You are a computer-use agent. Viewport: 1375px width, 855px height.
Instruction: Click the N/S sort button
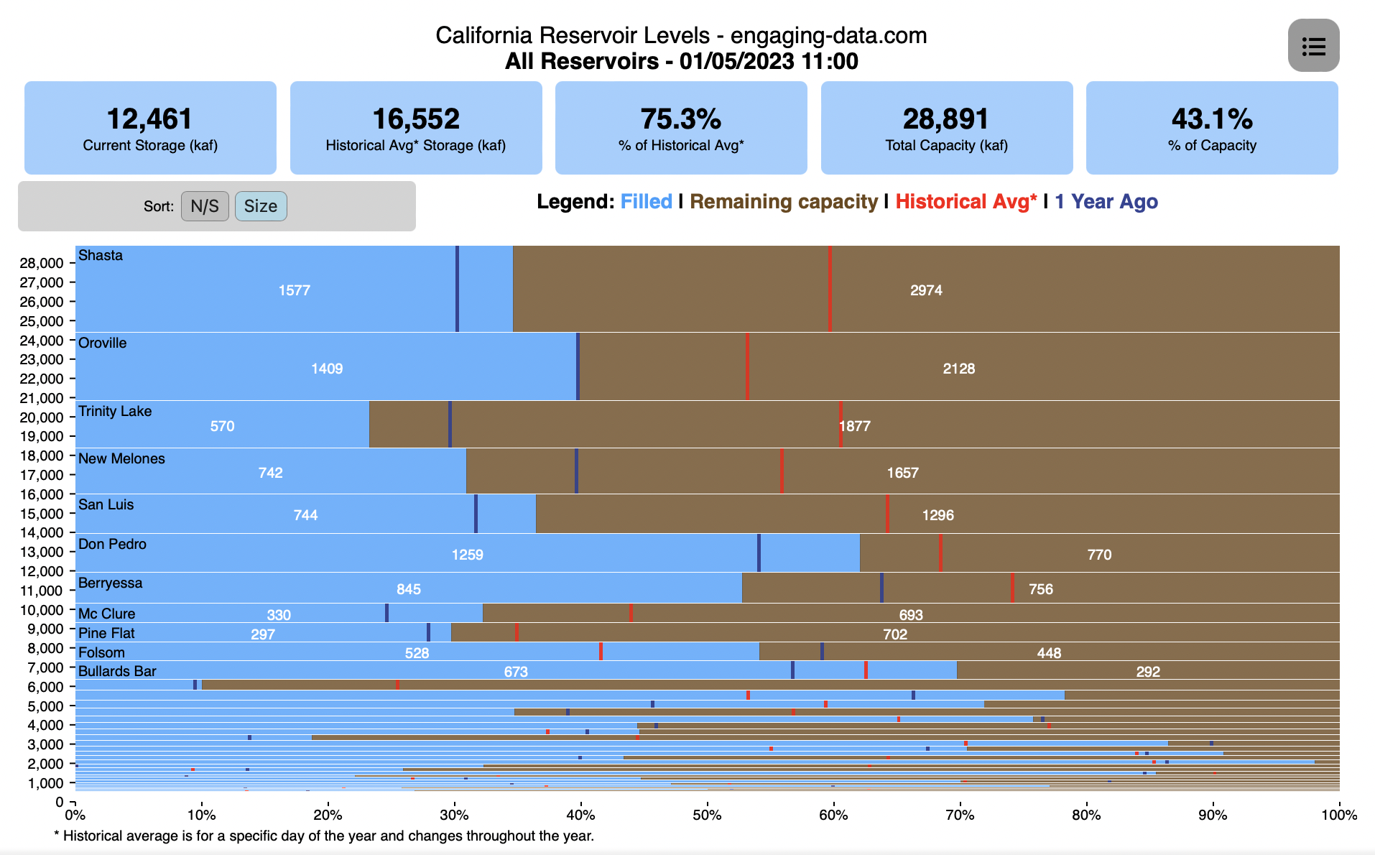pyautogui.click(x=205, y=206)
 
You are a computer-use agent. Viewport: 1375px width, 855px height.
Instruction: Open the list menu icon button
pyautogui.click(x=1313, y=46)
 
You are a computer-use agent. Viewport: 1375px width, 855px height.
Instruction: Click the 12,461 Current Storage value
pyautogui.click(x=149, y=119)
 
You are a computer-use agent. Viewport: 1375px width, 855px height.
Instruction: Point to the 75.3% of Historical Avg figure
pyautogui.click(x=680, y=119)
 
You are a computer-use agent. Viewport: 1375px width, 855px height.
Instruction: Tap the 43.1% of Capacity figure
pyautogui.click(x=1211, y=119)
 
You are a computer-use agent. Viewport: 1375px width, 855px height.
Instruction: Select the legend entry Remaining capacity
pyautogui.click(x=784, y=202)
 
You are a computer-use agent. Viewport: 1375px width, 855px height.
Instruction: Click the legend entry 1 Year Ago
pyautogui.click(x=1106, y=202)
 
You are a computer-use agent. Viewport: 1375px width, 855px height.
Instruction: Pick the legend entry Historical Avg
pyautogui.click(x=966, y=202)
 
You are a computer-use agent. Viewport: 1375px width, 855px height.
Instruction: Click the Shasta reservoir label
pyautogui.click(x=101, y=256)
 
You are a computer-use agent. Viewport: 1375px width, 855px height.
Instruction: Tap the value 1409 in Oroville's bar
pyautogui.click(x=327, y=369)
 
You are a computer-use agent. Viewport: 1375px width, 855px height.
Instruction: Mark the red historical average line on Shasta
pyautogui.click(x=830, y=289)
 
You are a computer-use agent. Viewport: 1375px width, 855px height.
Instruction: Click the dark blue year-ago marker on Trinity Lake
pyautogui.click(x=450, y=424)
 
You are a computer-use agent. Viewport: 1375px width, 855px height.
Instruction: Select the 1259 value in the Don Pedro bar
pyautogui.click(x=467, y=555)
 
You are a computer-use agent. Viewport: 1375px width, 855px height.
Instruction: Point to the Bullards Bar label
pyautogui.click(x=117, y=671)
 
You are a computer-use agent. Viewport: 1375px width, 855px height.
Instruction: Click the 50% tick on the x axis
pyautogui.click(x=707, y=815)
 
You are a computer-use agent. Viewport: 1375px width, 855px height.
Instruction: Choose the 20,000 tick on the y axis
pyautogui.click(x=42, y=417)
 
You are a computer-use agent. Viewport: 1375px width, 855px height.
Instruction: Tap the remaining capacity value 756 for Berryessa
pyautogui.click(x=1040, y=589)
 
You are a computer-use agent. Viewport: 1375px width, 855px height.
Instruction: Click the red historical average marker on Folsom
pyautogui.click(x=601, y=652)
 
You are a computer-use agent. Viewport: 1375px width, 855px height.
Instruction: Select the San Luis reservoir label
pyautogui.click(x=106, y=504)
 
